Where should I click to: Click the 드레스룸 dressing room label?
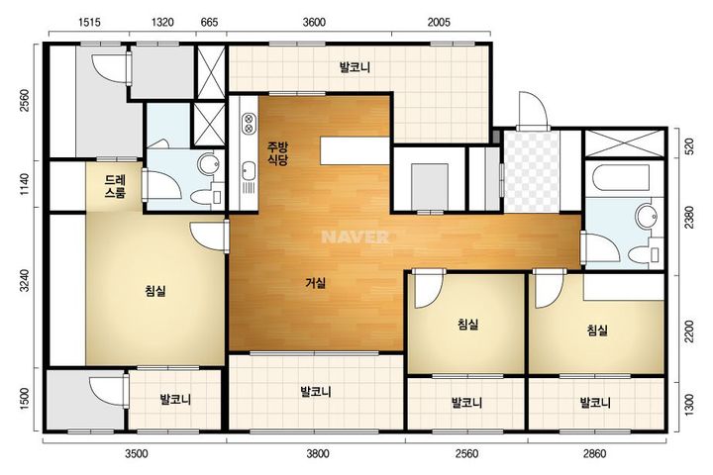click(115, 186)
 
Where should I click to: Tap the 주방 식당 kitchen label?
click(277, 153)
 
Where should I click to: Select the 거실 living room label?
click(316, 283)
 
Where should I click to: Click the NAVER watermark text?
click(356, 237)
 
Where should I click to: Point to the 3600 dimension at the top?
click(314, 22)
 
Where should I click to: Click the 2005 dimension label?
click(439, 22)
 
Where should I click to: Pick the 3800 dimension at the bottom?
click(318, 453)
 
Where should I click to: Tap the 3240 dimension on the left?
click(25, 281)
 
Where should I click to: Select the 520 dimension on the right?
click(689, 146)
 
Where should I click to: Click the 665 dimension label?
click(210, 22)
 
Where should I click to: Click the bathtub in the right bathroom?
click(617, 179)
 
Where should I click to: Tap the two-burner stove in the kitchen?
click(249, 123)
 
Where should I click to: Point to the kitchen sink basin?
click(249, 170)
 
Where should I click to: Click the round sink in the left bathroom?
click(210, 164)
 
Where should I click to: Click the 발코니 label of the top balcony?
click(355, 67)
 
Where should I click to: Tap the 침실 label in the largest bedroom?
click(155, 291)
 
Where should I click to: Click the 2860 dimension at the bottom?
click(594, 453)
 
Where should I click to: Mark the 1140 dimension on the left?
click(25, 184)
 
